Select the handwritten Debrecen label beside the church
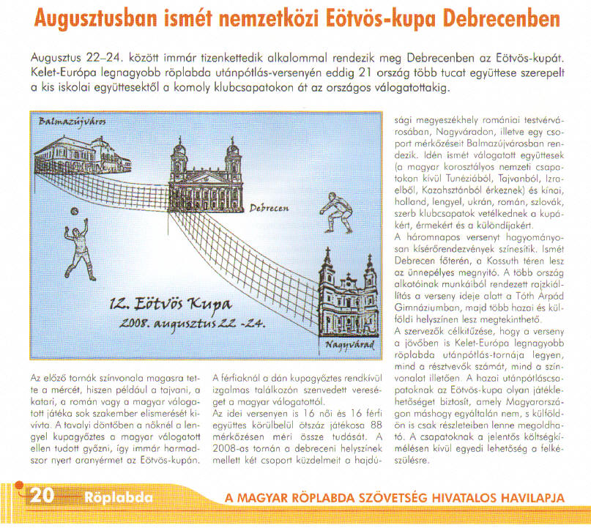click(x=269, y=209)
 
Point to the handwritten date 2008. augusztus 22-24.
click(x=184, y=324)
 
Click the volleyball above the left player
click(x=73, y=211)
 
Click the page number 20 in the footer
click(x=41, y=497)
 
